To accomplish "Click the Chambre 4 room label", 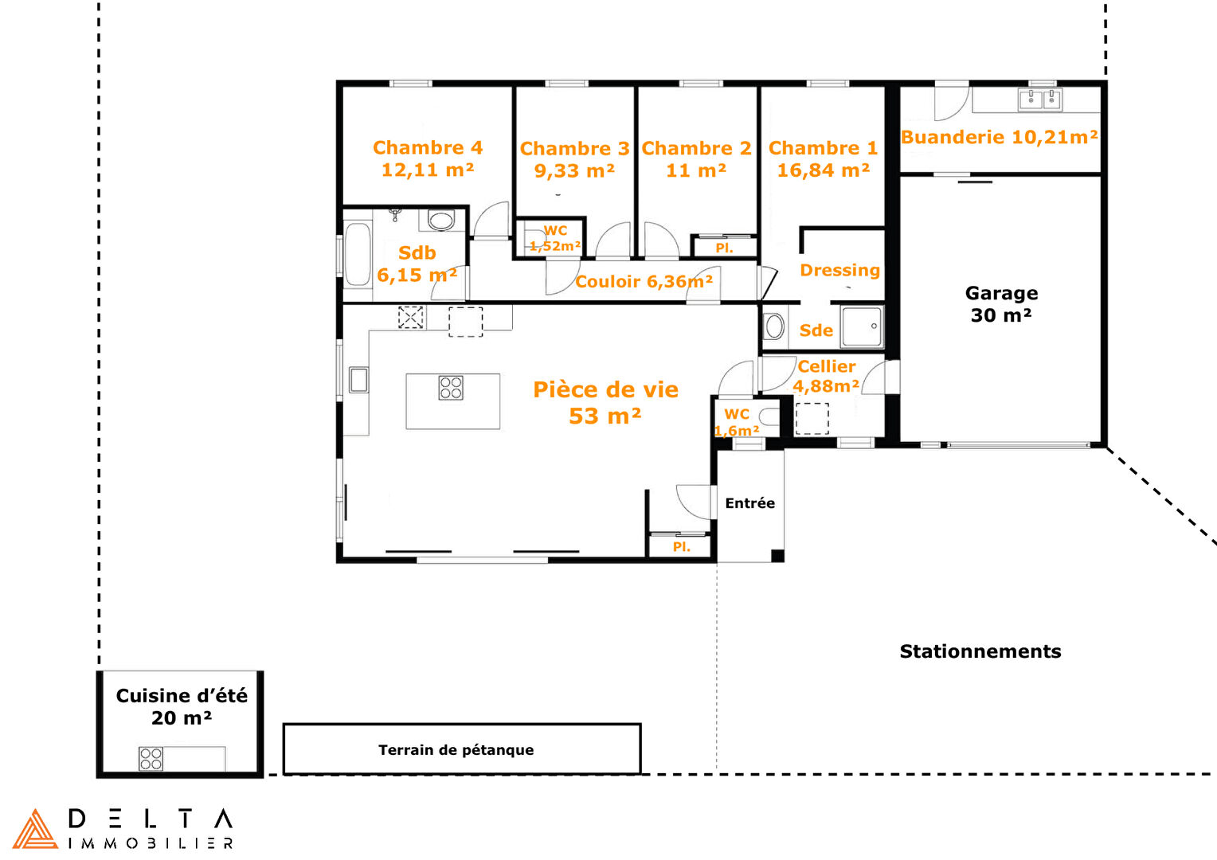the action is [x=428, y=147].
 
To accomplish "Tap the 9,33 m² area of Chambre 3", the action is [x=574, y=170].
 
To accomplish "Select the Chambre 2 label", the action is [x=697, y=148].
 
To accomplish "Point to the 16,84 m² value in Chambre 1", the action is [x=823, y=170].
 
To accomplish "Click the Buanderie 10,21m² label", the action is [x=1000, y=136].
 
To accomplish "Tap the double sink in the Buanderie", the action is [x=1040, y=100].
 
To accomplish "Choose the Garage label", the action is [x=1001, y=293].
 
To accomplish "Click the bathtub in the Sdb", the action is [x=358, y=254].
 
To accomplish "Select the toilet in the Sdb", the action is [x=440, y=220].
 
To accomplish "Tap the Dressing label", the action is [x=840, y=270].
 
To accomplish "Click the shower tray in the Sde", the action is [x=862, y=326].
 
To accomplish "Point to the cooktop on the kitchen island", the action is [x=451, y=388].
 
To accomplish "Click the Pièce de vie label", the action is [x=606, y=389].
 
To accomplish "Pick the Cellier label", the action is [x=827, y=366].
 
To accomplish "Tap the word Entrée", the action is [x=749, y=503].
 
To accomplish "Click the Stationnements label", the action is [x=980, y=651].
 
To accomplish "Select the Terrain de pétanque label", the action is [x=456, y=750].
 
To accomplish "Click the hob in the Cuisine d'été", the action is [x=151, y=758].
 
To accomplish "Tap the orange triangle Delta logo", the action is [x=35, y=829].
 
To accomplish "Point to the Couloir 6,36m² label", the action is [x=644, y=281].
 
